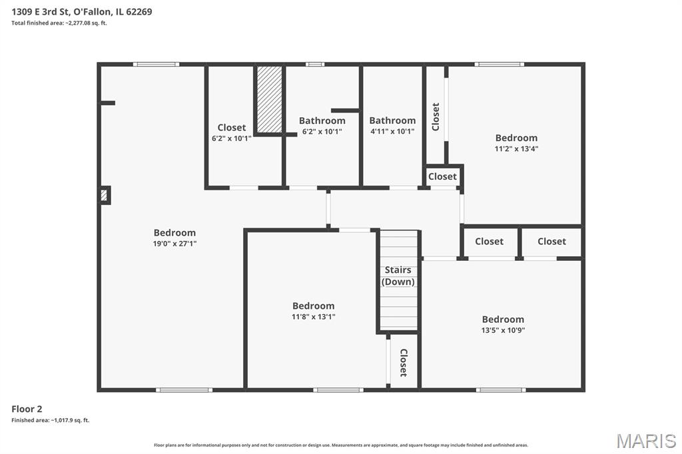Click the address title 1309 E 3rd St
[82, 11]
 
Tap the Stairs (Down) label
[398, 276]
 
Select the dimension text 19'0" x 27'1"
[174, 244]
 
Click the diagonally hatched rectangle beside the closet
[270, 99]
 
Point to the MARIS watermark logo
[645, 441]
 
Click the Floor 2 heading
[27, 409]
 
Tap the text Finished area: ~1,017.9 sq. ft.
[50, 420]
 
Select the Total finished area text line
[59, 23]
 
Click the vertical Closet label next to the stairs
[403, 363]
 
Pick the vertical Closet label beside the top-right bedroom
[436, 116]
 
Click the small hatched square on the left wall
[104, 195]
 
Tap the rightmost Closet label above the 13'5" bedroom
[551, 241]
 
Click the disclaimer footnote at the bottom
[341, 445]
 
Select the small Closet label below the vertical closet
[442, 176]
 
